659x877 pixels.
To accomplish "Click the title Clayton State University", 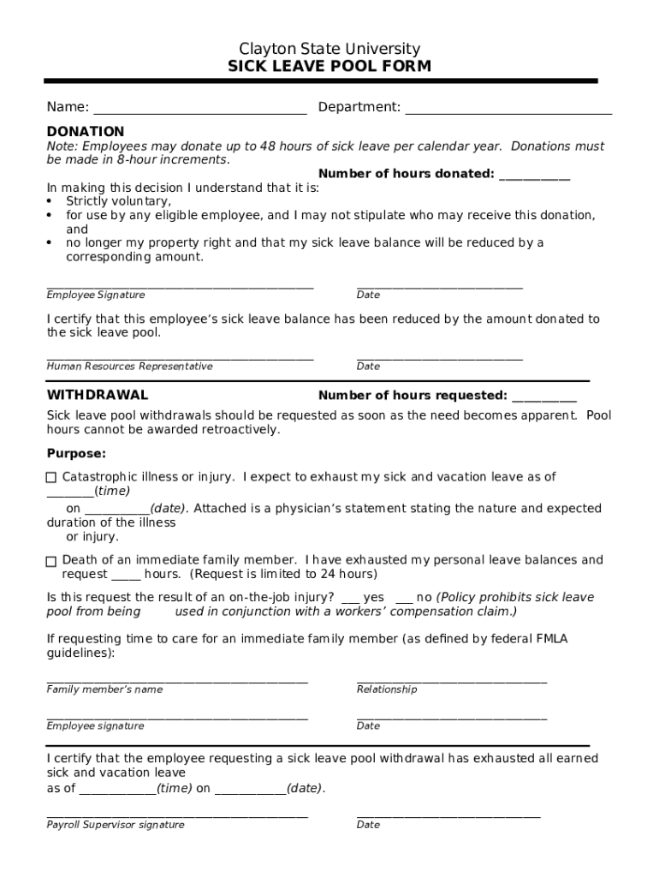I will (329, 49).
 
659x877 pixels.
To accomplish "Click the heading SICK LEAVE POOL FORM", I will (329, 67).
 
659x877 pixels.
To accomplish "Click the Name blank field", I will (199, 108).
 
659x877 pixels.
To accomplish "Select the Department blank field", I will (508, 108).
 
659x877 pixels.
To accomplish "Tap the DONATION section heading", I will (85, 132).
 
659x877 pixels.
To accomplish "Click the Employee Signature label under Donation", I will (96, 295).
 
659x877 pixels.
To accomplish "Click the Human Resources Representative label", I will (129, 367).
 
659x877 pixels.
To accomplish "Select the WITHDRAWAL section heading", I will (97, 396).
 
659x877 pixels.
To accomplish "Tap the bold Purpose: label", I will (76, 453).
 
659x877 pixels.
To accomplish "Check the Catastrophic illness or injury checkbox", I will (51, 478).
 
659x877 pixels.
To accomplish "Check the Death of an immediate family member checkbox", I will (51, 561).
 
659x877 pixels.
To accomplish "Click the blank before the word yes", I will (350, 598).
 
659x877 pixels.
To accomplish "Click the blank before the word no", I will (404, 598).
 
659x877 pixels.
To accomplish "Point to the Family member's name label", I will (104, 690).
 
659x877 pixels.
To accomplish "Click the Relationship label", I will (387, 690).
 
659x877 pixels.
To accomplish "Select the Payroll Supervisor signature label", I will (116, 826).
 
